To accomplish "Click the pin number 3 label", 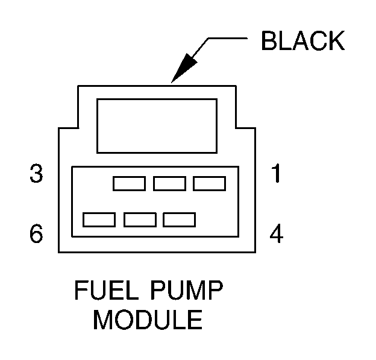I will [x=37, y=175].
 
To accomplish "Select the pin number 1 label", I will [x=276, y=175].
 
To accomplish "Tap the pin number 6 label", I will [x=37, y=234].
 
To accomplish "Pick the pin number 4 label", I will [x=276, y=234].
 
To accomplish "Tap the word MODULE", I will [x=148, y=320].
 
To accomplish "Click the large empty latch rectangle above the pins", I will [x=157, y=125].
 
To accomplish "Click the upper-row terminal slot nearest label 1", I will [x=209, y=183].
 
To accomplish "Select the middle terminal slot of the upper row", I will [x=169, y=183].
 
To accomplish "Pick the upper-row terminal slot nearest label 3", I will [x=129, y=183].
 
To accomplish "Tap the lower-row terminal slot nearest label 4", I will [x=179, y=219].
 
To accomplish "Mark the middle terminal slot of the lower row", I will [x=140, y=219].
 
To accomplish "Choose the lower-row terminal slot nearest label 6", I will [x=99, y=219].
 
